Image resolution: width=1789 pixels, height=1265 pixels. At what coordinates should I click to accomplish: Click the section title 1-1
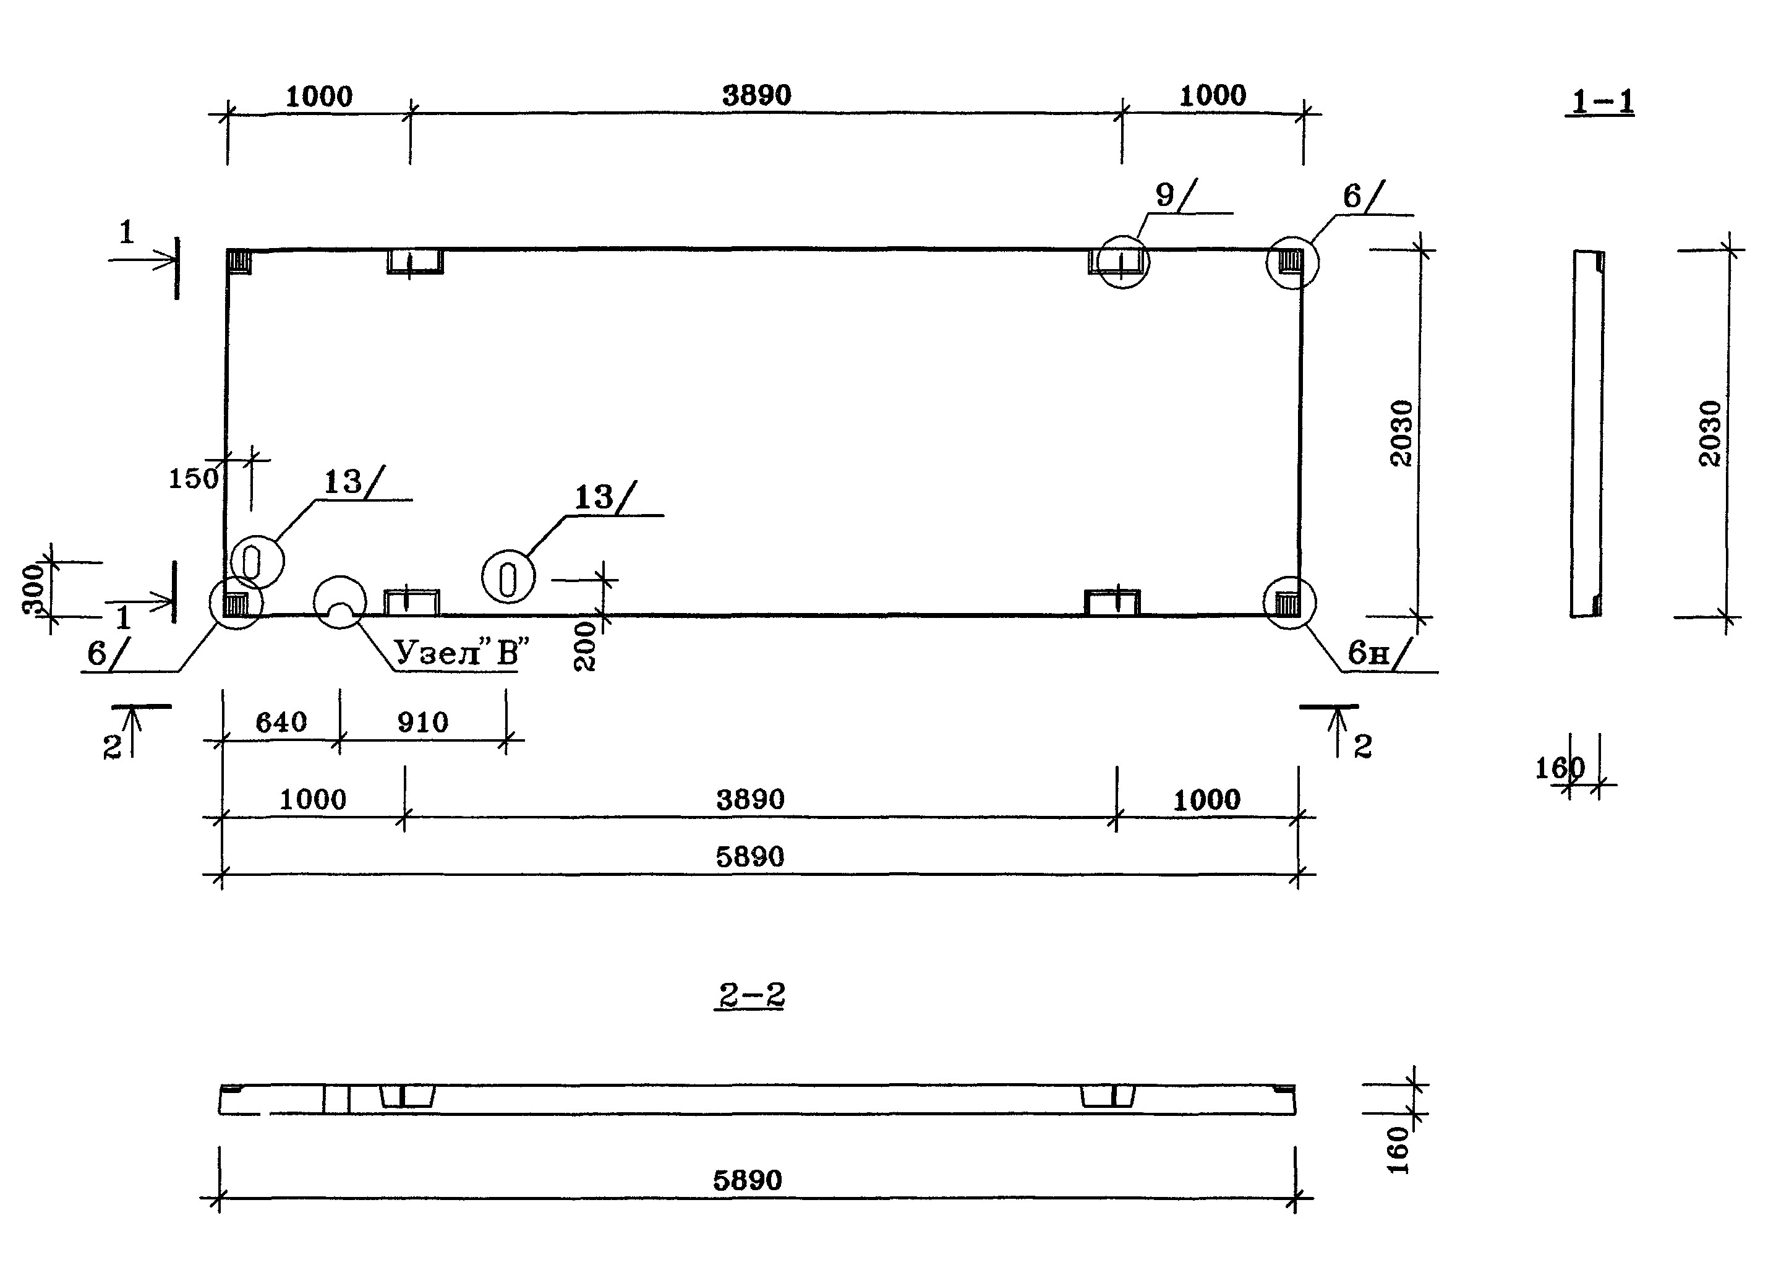coord(1600,102)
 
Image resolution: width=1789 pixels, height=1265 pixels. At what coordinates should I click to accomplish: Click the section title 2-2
coord(750,995)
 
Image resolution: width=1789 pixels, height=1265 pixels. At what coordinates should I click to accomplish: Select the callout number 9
coord(1164,195)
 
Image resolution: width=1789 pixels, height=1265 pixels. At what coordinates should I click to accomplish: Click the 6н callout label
coord(1368,653)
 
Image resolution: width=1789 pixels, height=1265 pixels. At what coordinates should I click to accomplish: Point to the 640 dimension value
coord(281,723)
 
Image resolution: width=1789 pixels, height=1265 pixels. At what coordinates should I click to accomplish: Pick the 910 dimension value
coord(423,723)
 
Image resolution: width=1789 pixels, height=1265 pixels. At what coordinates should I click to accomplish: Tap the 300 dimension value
coord(33,590)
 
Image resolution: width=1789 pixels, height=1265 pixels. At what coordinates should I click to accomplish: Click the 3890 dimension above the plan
coord(756,96)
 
